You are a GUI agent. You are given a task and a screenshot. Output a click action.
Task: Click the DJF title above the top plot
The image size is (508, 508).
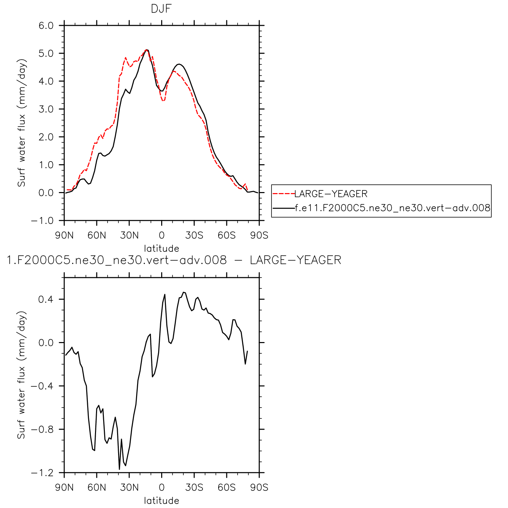pyautogui.click(x=161, y=9)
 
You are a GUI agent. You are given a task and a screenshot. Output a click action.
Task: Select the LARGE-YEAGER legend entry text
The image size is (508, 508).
pyautogui.click(x=331, y=194)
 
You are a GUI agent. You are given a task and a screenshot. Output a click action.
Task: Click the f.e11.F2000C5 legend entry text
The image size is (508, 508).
pyautogui.click(x=393, y=208)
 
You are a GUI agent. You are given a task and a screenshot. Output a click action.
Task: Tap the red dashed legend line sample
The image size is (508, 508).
pyautogui.click(x=283, y=194)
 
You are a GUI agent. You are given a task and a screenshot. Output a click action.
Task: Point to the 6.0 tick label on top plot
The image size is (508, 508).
pyautogui.click(x=46, y=25)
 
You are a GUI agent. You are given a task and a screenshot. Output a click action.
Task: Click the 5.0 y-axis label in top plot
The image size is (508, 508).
pyautogui.click(x=46, y=53)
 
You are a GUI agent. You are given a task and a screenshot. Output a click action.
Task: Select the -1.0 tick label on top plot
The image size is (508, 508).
pyautogui.click(x=42, y=221)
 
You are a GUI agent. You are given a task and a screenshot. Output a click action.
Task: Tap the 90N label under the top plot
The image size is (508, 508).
pyautogui.click(x=64, y=235)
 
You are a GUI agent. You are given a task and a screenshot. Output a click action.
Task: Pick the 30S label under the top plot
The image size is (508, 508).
pyautogui.click(x=194, y=235)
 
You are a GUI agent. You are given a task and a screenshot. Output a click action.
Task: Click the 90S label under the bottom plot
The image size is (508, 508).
pyautogui.click(x=259, y=488)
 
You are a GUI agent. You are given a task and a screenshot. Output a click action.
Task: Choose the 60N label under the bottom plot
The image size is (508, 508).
pyautogui.click(x=97, y=488)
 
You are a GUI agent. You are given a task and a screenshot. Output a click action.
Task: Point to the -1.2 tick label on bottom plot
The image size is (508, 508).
pyautogui.click(x=42, y=473)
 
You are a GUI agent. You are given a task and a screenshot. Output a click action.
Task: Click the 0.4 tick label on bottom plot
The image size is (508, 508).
pyautogui.click(x=46, y=299)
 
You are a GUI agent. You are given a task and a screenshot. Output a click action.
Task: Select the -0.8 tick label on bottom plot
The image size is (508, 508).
pyautogui.click(x=42, y=429)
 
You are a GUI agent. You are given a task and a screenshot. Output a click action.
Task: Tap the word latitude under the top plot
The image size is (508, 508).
pyautogui.click(x=162, y=248)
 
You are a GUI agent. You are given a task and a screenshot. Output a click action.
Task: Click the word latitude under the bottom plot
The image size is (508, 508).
pyautogui.click(x=162, y=501)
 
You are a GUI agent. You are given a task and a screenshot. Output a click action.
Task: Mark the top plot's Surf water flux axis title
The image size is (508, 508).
pyautogui.click(x=22, y=123)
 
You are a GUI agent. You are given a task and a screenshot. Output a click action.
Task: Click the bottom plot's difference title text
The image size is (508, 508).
pyautogui.click(x=174, y=260)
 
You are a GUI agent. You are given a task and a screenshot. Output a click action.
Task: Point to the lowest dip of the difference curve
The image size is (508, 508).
pyautogui.click(x=119, y=469)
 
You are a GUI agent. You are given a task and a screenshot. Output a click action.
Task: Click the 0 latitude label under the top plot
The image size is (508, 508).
pyautogui.click(x=162, y=235)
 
